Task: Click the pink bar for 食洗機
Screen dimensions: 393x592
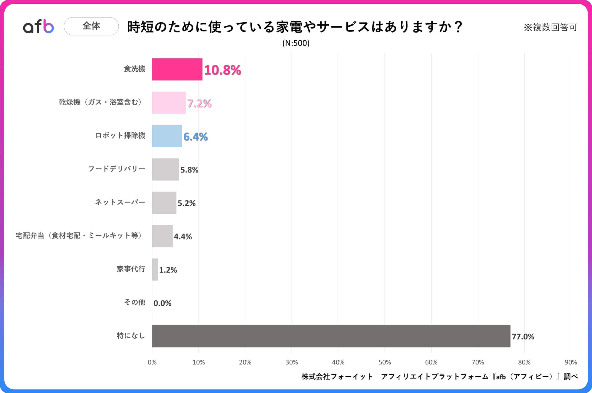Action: [x=177, y=69]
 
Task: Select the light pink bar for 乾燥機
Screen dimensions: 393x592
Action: [x=169, y=103]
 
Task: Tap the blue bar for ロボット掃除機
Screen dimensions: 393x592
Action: [x=167, y=136]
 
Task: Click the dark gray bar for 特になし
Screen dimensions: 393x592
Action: [x=331, y=336]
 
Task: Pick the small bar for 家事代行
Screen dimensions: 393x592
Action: [x=155, y=269]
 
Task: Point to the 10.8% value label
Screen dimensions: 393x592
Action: [x=222, y=70]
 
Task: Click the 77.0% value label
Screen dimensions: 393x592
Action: [x=523, y=337]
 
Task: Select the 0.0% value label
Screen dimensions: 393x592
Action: [x=162, y=303]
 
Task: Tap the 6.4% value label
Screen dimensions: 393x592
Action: [x=195, y=137]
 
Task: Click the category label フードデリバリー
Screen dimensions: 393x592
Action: [x=117, y=169]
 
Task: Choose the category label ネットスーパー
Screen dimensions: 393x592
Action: [x=120, y=202]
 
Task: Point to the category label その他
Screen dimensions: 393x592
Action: [x=135, y=302]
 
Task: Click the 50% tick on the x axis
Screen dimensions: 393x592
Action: [x=385, y=362]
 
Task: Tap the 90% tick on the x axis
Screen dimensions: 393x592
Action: [x=571, y=362]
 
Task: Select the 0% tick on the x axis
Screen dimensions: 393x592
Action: [x=152, y=362]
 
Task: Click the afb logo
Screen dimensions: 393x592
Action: [x=38, y=26]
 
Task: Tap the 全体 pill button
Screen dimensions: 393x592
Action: [x=91, y=26]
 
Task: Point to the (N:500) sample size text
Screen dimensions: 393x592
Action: [x=296, y=43]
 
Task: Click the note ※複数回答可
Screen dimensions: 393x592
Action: [x=550, y=27]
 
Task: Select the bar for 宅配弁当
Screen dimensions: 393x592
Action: [x=162, y=236]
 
